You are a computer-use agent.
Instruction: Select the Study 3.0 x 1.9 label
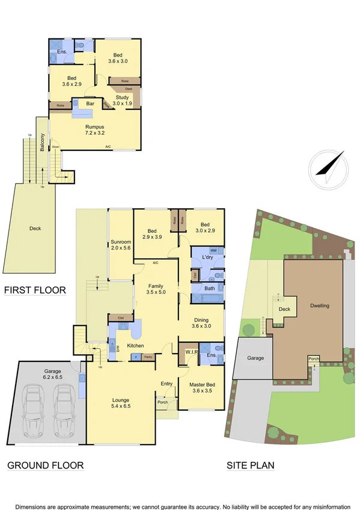(122, 100)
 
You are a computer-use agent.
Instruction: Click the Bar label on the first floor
(90, 104)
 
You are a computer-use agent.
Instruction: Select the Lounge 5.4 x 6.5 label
(120, 404)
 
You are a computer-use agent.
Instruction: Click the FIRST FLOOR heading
(35, 290)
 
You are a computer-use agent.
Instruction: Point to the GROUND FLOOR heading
(45, 465)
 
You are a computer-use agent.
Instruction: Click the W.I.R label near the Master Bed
(191, 352)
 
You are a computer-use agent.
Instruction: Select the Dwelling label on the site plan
(319, 306)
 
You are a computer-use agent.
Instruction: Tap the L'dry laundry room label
(207, 257)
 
